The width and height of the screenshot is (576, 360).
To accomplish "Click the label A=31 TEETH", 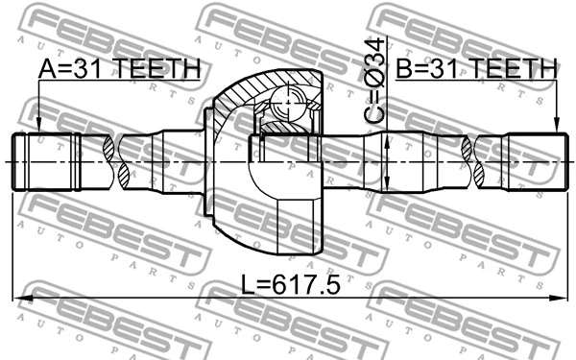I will pos(119,69).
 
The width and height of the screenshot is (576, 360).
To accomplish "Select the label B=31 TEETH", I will pos(477,69).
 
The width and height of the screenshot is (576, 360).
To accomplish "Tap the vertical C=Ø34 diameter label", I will pos(375,82).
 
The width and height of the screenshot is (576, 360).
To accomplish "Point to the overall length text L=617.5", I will pos(291,285).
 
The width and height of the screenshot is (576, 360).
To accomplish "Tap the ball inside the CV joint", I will pos(286,100).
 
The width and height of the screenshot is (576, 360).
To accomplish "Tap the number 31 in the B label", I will pos(445,69).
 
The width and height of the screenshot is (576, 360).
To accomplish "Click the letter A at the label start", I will pos(45,69).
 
